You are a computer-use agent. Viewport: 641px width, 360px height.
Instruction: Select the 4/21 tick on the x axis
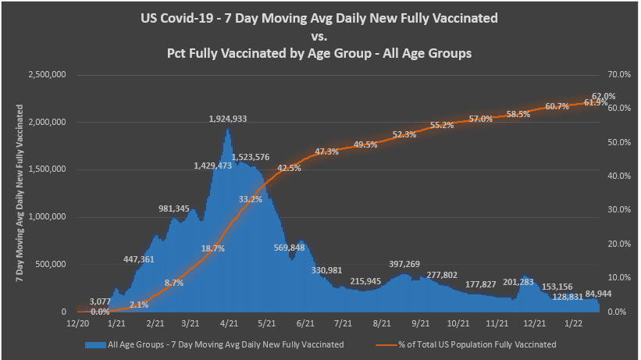click(229, 323)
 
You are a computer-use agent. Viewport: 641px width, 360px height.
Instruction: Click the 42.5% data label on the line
click(289, 168)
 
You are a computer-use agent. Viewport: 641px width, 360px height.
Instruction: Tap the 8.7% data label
click(173, 283)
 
